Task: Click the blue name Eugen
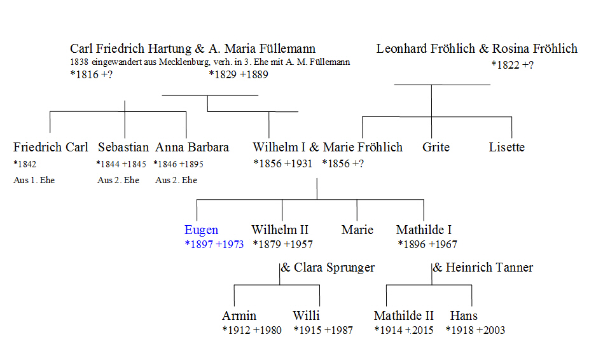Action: (201, 230)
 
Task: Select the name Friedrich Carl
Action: (50, 147)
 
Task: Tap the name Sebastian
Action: (123, 147)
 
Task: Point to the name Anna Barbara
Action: (192, 147)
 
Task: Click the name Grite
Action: (436, 147)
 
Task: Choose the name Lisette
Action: (507, 147)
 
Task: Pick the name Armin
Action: (239, 315)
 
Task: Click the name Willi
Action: (306, 315)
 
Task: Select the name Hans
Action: (464, 315)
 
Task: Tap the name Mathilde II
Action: (404, 315)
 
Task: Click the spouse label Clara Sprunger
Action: (334, 268)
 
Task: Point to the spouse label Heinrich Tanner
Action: (489, 268)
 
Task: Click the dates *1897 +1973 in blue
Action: (214, 244)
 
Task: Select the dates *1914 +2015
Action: (404, 330)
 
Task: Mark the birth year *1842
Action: (25, 164)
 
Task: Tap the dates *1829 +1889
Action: (239, 74)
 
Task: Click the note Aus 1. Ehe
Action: (34, 180)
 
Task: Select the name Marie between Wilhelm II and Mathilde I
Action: (357, 230)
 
